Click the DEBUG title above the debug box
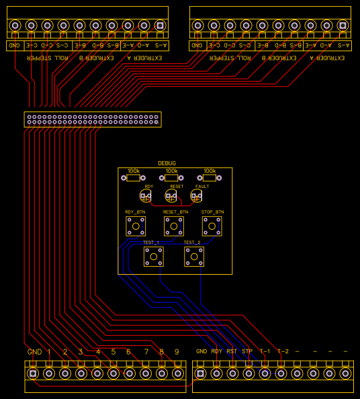(167, 163)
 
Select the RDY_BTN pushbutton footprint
(135, 226)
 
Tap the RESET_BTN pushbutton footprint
(175, 226)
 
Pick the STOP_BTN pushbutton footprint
(212, 226)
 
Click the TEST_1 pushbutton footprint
(153, 256)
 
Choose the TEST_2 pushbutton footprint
(194, 256)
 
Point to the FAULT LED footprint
(196, 196)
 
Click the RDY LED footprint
(146, 196)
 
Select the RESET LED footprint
(171, 196)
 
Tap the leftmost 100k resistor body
(134, 179)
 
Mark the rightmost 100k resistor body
(210, 179)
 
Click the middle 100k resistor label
(172, 171)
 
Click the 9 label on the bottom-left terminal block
(177, 352)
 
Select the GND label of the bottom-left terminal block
(34, 352)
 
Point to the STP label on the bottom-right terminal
(247, 351)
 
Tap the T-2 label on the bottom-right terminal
(283, 351)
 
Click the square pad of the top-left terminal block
(160, 26)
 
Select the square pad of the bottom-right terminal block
(200, 373)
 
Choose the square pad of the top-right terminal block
(343, 26)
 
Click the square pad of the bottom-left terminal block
(33, 373)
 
